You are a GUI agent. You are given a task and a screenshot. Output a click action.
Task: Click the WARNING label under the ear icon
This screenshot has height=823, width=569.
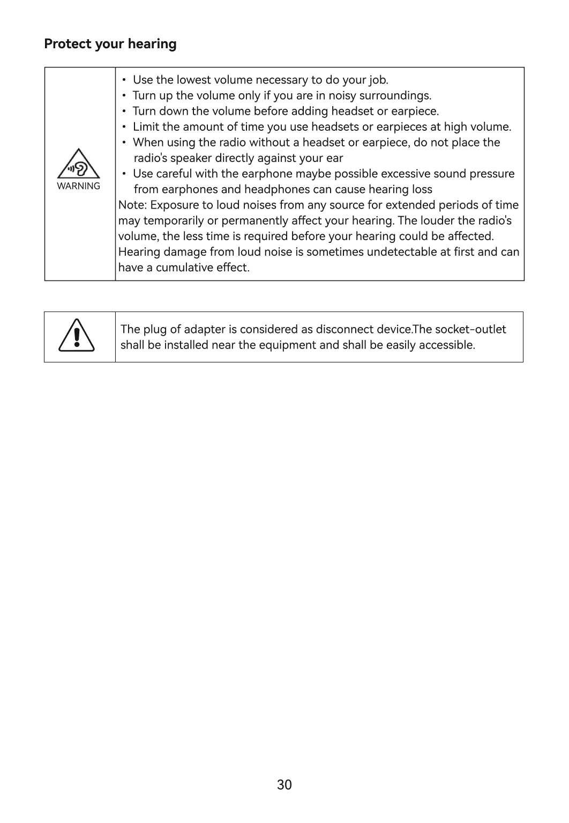pos(78,186)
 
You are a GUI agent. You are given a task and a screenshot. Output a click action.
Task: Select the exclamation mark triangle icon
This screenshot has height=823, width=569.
pos(77,335)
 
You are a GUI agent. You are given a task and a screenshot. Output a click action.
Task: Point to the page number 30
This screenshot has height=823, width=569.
pos(284,785)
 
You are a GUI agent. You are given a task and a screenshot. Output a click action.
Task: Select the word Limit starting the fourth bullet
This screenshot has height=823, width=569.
pos(145,127)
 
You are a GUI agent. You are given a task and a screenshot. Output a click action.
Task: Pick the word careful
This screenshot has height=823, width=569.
pos(174,174)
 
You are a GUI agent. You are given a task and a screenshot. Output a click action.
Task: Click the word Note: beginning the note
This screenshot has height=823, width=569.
pos(133,205)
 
